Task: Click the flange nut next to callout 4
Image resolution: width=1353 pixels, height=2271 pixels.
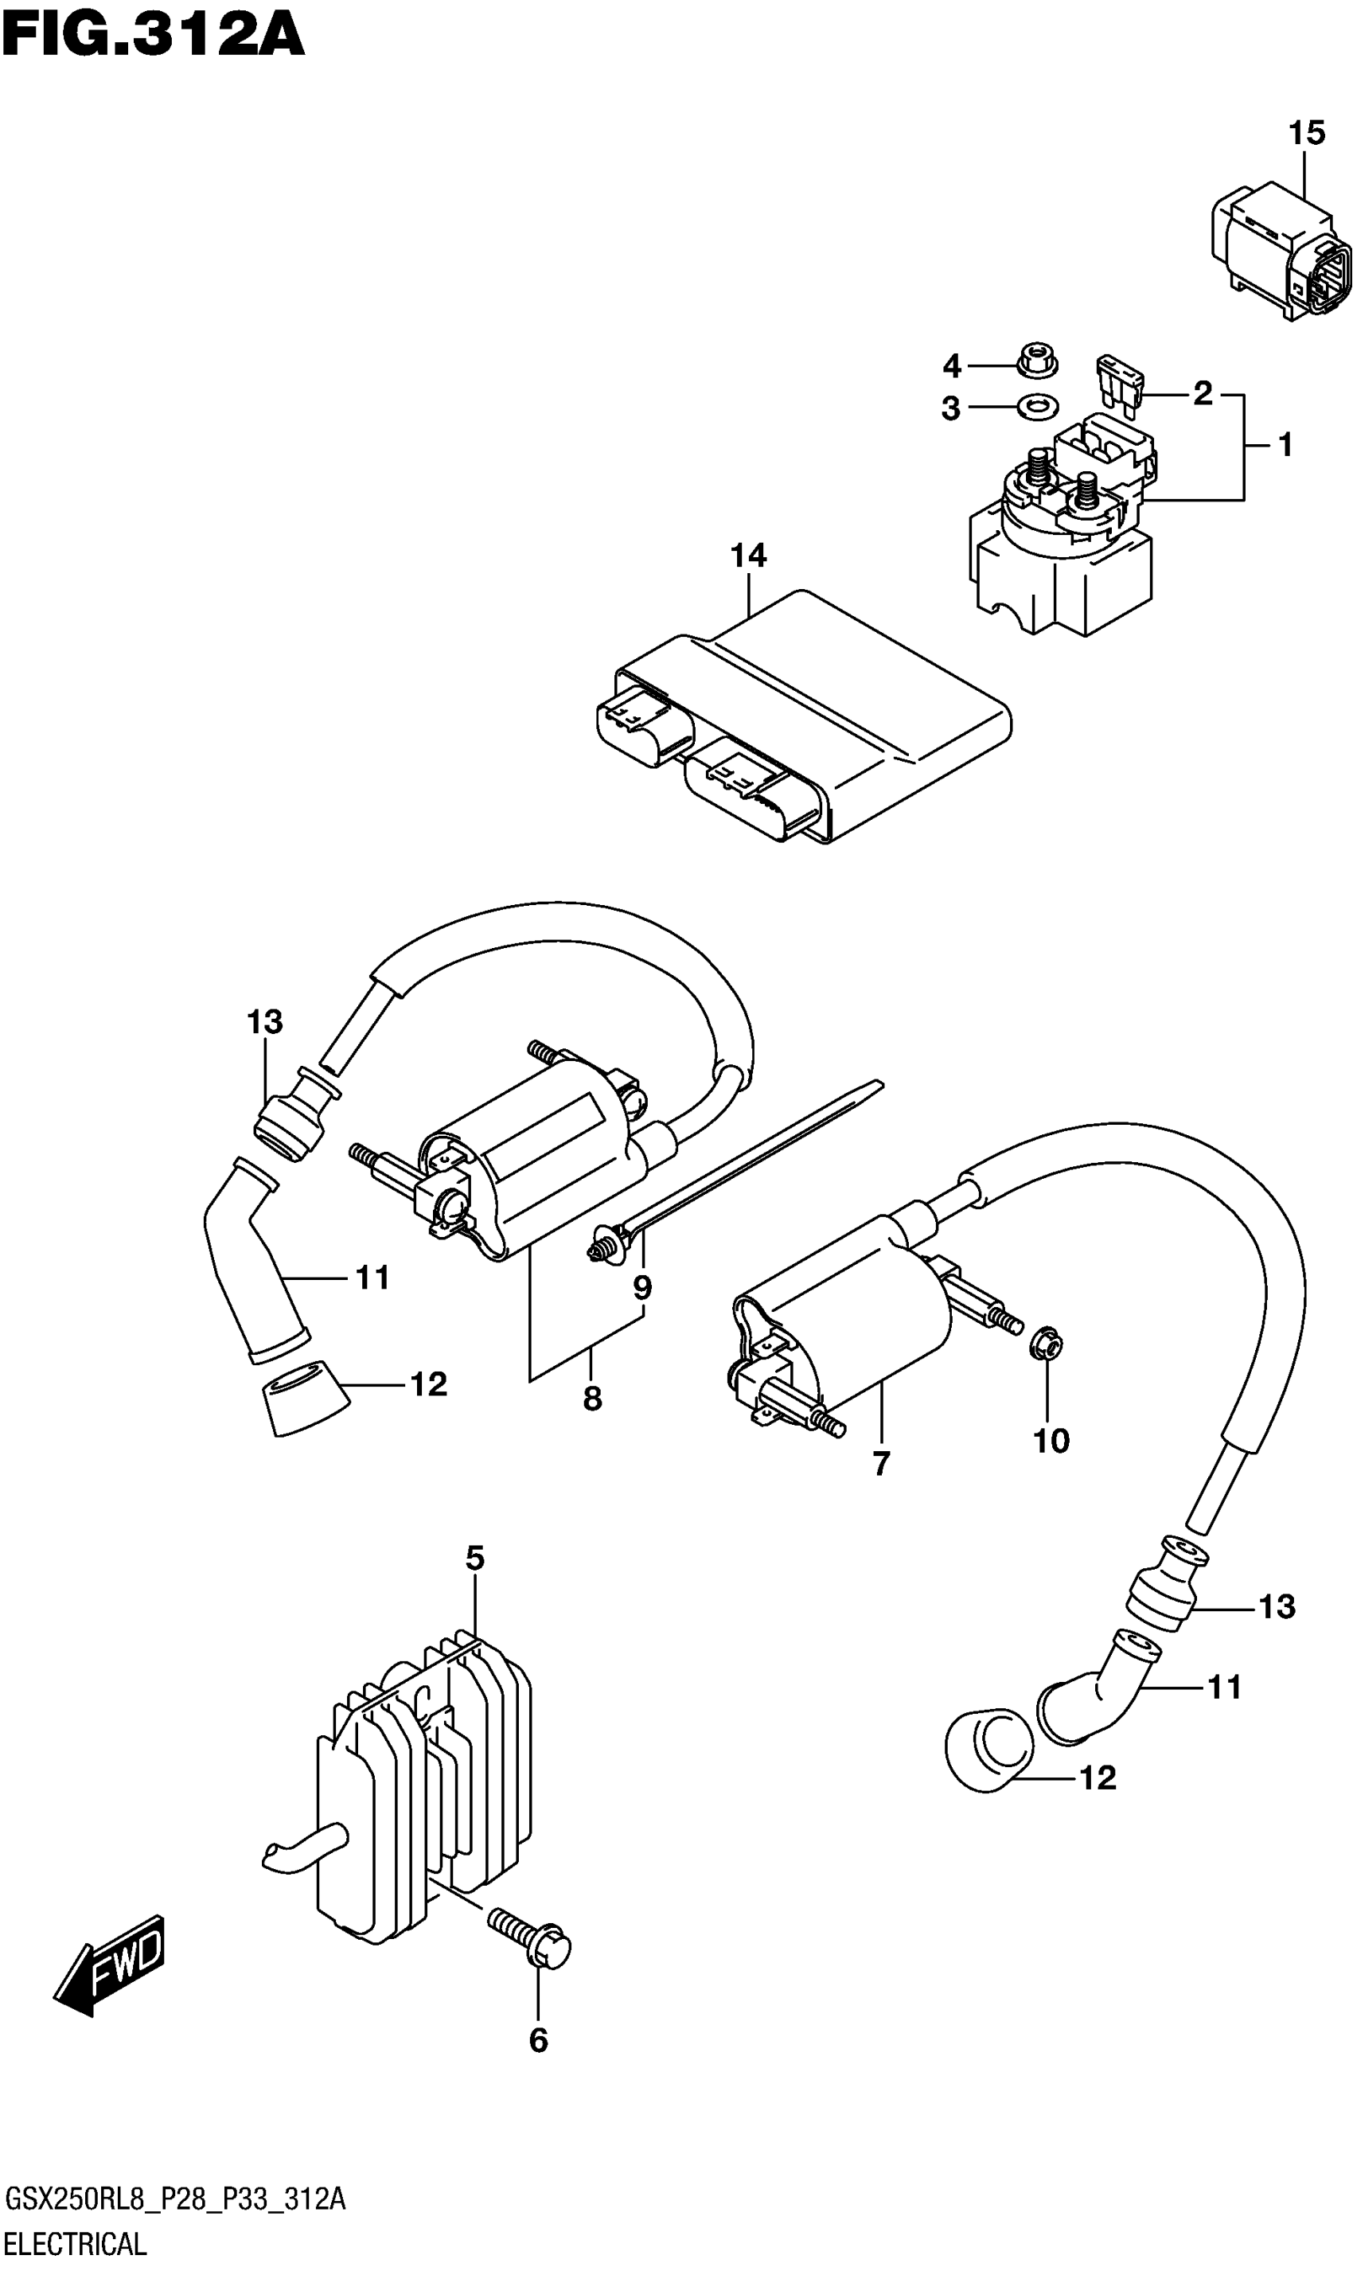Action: tap(1036, 360)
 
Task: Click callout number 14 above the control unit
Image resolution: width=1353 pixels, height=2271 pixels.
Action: tap(748, 556)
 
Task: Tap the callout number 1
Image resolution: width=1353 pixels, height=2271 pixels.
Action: tap(1285, 446)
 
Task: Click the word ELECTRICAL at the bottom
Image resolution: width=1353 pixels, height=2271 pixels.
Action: tap(75, 2244)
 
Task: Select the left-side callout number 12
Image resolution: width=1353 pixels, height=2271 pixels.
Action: tap(427, 1385)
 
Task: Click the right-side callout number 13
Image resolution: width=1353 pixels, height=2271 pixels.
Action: tap(1277, 1607)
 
